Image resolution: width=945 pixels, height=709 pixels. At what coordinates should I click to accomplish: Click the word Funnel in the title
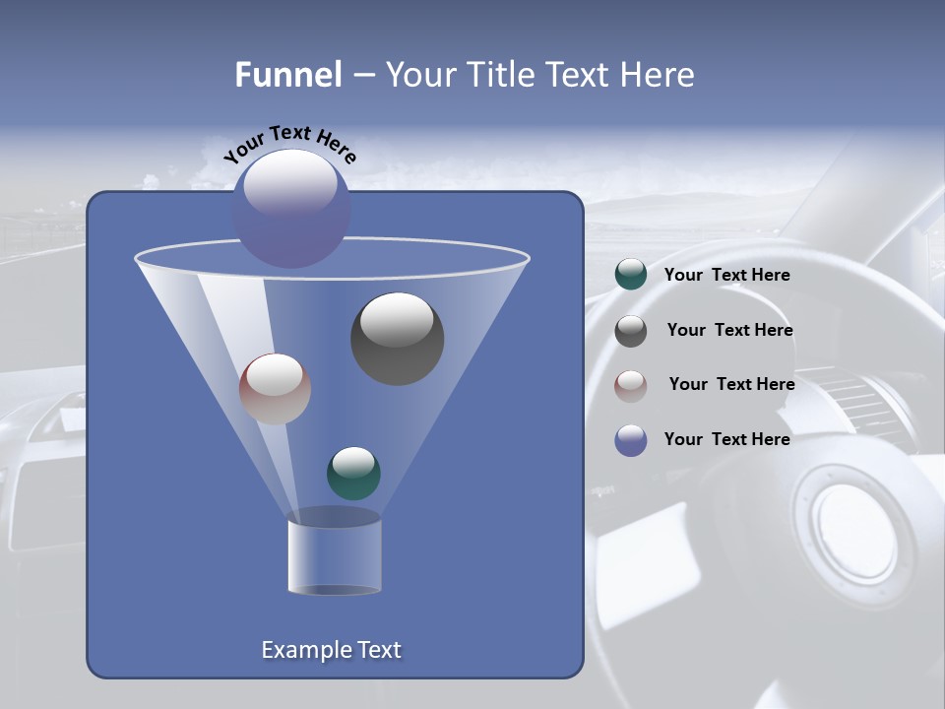287,75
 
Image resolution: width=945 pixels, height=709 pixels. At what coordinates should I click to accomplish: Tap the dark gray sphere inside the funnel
397,339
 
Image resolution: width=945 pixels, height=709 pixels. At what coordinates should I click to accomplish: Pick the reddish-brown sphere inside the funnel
275,389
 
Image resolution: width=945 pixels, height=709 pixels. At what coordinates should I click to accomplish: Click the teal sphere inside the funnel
353,474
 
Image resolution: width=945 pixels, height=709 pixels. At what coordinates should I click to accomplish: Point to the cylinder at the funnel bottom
334,556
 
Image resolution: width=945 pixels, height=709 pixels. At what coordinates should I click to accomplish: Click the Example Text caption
331,650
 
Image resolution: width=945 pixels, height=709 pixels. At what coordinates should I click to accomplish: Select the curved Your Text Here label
289,143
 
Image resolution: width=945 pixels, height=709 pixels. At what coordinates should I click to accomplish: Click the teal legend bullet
631,275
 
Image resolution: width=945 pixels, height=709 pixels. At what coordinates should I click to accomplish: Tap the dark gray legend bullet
631,331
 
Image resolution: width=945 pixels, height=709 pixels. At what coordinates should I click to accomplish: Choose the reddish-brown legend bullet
631,385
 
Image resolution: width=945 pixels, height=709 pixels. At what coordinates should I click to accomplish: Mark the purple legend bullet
631,440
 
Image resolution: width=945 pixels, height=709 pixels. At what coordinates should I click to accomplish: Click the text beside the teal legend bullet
726,275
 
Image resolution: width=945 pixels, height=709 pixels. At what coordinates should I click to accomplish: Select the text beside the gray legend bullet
729,330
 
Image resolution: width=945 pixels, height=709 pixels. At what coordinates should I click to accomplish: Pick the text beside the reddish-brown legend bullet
731,384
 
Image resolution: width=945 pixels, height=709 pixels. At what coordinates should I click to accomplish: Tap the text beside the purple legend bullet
726,439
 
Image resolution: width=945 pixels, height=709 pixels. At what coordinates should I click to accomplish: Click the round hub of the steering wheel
852,532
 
